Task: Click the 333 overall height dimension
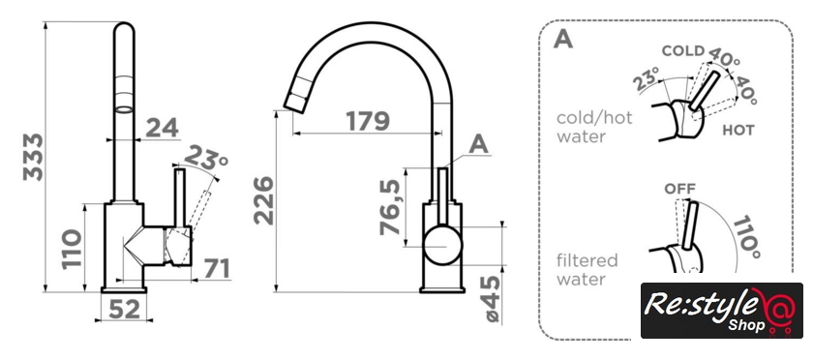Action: pyautogui.click(x=33, y=157)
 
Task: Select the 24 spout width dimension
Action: pyautogui.click(x=162, y=128)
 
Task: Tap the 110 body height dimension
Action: pyautogui.click(x=72, y=249)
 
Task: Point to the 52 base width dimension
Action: pyautogui.click(x=125, y=310)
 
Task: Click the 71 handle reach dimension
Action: pyautogui.click(x=216, y=268)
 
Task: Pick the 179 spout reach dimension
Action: pyautogui.click(x=368, y=121)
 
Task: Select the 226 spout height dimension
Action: pyautogui.click(x=263, y=200)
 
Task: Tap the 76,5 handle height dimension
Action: pyautogui.click(x=390, y=207)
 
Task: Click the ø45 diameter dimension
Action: pyautogui.click(x=493, y=299)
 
